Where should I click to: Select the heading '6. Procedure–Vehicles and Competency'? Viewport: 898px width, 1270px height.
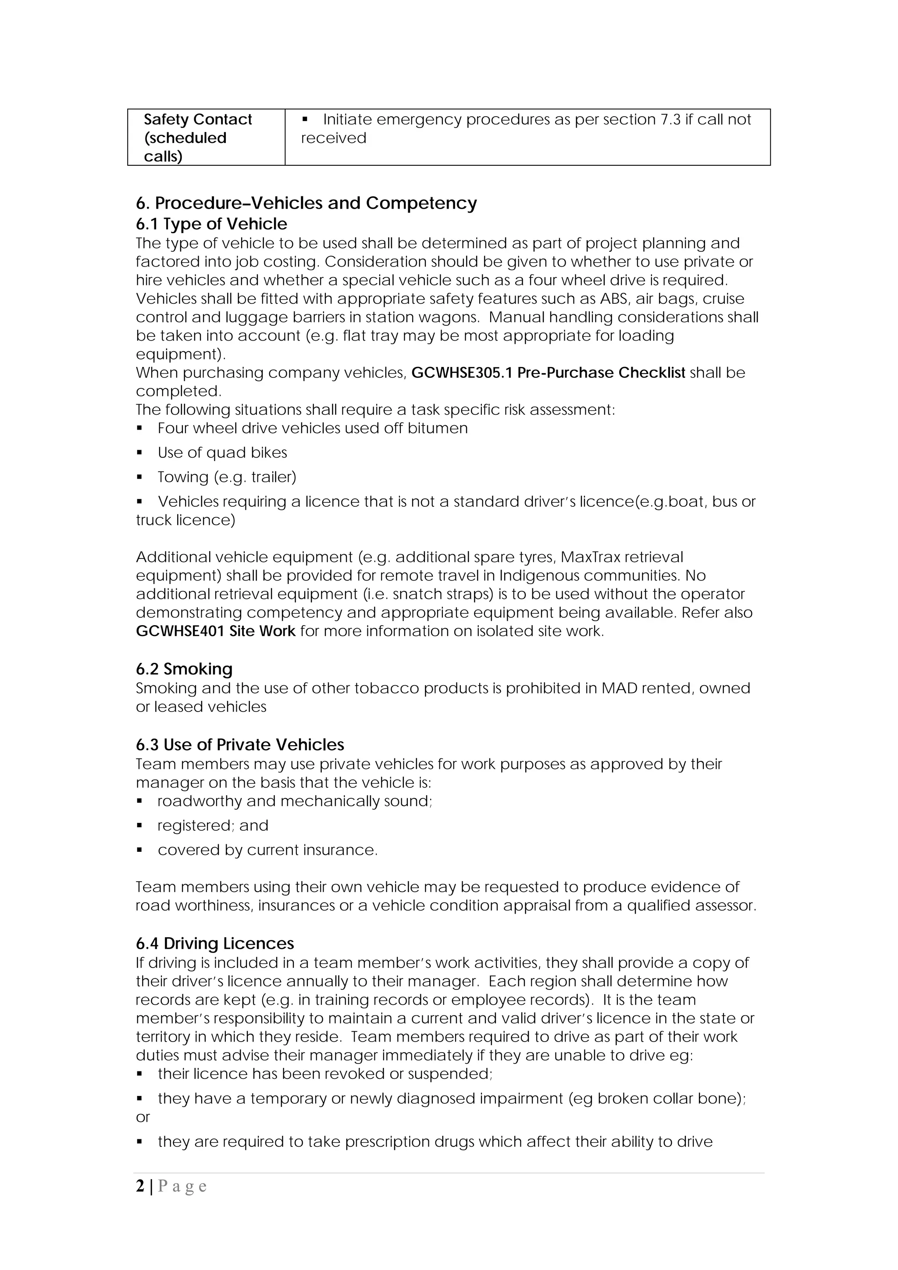tap(306, 203)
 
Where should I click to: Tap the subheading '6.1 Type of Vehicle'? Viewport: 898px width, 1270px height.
tap(211, 224)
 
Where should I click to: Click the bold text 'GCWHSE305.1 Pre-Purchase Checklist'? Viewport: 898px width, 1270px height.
tap(549, 373)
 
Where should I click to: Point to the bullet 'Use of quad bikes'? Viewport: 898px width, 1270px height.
tap(222, 452)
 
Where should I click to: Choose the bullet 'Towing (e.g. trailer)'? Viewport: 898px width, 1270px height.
tap(227, 477)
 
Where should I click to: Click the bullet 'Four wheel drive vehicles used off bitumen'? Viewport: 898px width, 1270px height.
tap(313, 428)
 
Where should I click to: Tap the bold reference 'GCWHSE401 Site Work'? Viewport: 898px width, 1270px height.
tap(216, 631)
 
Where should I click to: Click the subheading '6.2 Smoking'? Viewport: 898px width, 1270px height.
tap(184, 669)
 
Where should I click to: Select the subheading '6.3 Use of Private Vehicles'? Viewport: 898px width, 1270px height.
tap(240, 745)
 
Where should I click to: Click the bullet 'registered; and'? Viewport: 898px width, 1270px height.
tap(213, 826)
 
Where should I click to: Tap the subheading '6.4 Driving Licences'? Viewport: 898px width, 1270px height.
tap(215, 944)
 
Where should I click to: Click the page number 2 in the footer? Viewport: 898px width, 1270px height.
tap(140, 1186)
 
